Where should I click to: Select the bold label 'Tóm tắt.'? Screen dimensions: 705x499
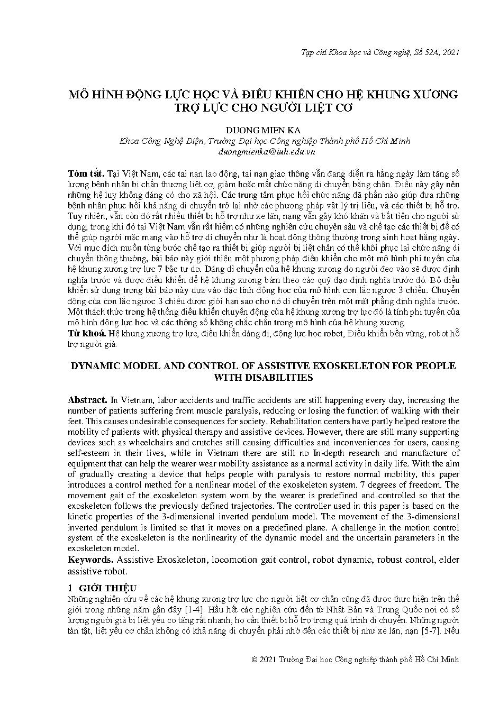click(86, 173)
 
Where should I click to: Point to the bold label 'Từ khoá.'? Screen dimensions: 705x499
click(87, 333)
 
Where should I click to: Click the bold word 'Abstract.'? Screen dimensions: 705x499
click(88, 400)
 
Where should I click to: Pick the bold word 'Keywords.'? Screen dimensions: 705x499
click(90, 560)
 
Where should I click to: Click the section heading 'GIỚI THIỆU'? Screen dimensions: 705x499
click(107, 588)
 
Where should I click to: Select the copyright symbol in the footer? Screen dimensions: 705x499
click(255, 660)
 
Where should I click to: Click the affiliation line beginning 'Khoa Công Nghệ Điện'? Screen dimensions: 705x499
click(265, 141)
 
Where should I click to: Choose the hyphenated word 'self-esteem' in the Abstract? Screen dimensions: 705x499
click(90, 453)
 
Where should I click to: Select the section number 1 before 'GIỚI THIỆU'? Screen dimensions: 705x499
click(70, 588)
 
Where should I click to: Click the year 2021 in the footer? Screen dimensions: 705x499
click(269, 660)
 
